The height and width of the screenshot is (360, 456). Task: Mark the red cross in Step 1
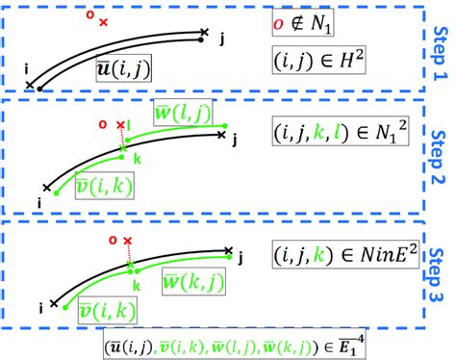click(104, 19)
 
